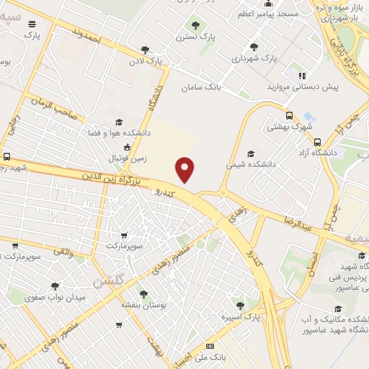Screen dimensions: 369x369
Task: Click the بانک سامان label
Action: click(200, 86)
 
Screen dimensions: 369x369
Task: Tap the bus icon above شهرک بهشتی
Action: click(289, 115)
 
